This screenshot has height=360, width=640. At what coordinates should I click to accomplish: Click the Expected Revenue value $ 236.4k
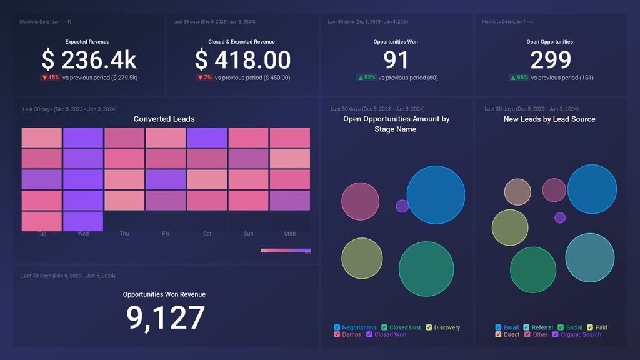tap(89, 60)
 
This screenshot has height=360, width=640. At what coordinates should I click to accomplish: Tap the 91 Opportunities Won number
tap(396, 60)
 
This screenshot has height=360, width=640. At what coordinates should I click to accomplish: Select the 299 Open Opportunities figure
tap(551, 60)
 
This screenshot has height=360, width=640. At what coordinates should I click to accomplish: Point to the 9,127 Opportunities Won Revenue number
tap(166, 317)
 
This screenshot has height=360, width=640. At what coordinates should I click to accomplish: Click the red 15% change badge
tap(51, 77)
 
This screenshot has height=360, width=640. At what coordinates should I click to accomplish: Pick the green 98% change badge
tap(519, 77)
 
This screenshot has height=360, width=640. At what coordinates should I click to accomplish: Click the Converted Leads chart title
tap(164, 119)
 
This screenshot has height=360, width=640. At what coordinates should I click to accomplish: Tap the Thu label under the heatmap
tap(124, 234)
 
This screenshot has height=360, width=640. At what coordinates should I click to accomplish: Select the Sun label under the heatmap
tap(249, 234)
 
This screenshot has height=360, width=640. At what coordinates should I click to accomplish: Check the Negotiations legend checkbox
tap(337, 327)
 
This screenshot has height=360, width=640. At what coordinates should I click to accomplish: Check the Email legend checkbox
tap(499, 327)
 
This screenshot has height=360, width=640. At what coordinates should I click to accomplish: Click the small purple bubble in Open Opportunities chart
tap(402, 206)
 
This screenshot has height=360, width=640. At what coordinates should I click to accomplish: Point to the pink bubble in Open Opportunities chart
tap(361, 201)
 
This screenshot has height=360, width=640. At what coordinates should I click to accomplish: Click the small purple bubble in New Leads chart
tap(560, 217)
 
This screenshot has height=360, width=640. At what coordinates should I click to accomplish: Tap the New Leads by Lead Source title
tap(549, 119)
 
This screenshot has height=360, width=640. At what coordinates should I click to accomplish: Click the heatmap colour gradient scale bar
tap(286, 251)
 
